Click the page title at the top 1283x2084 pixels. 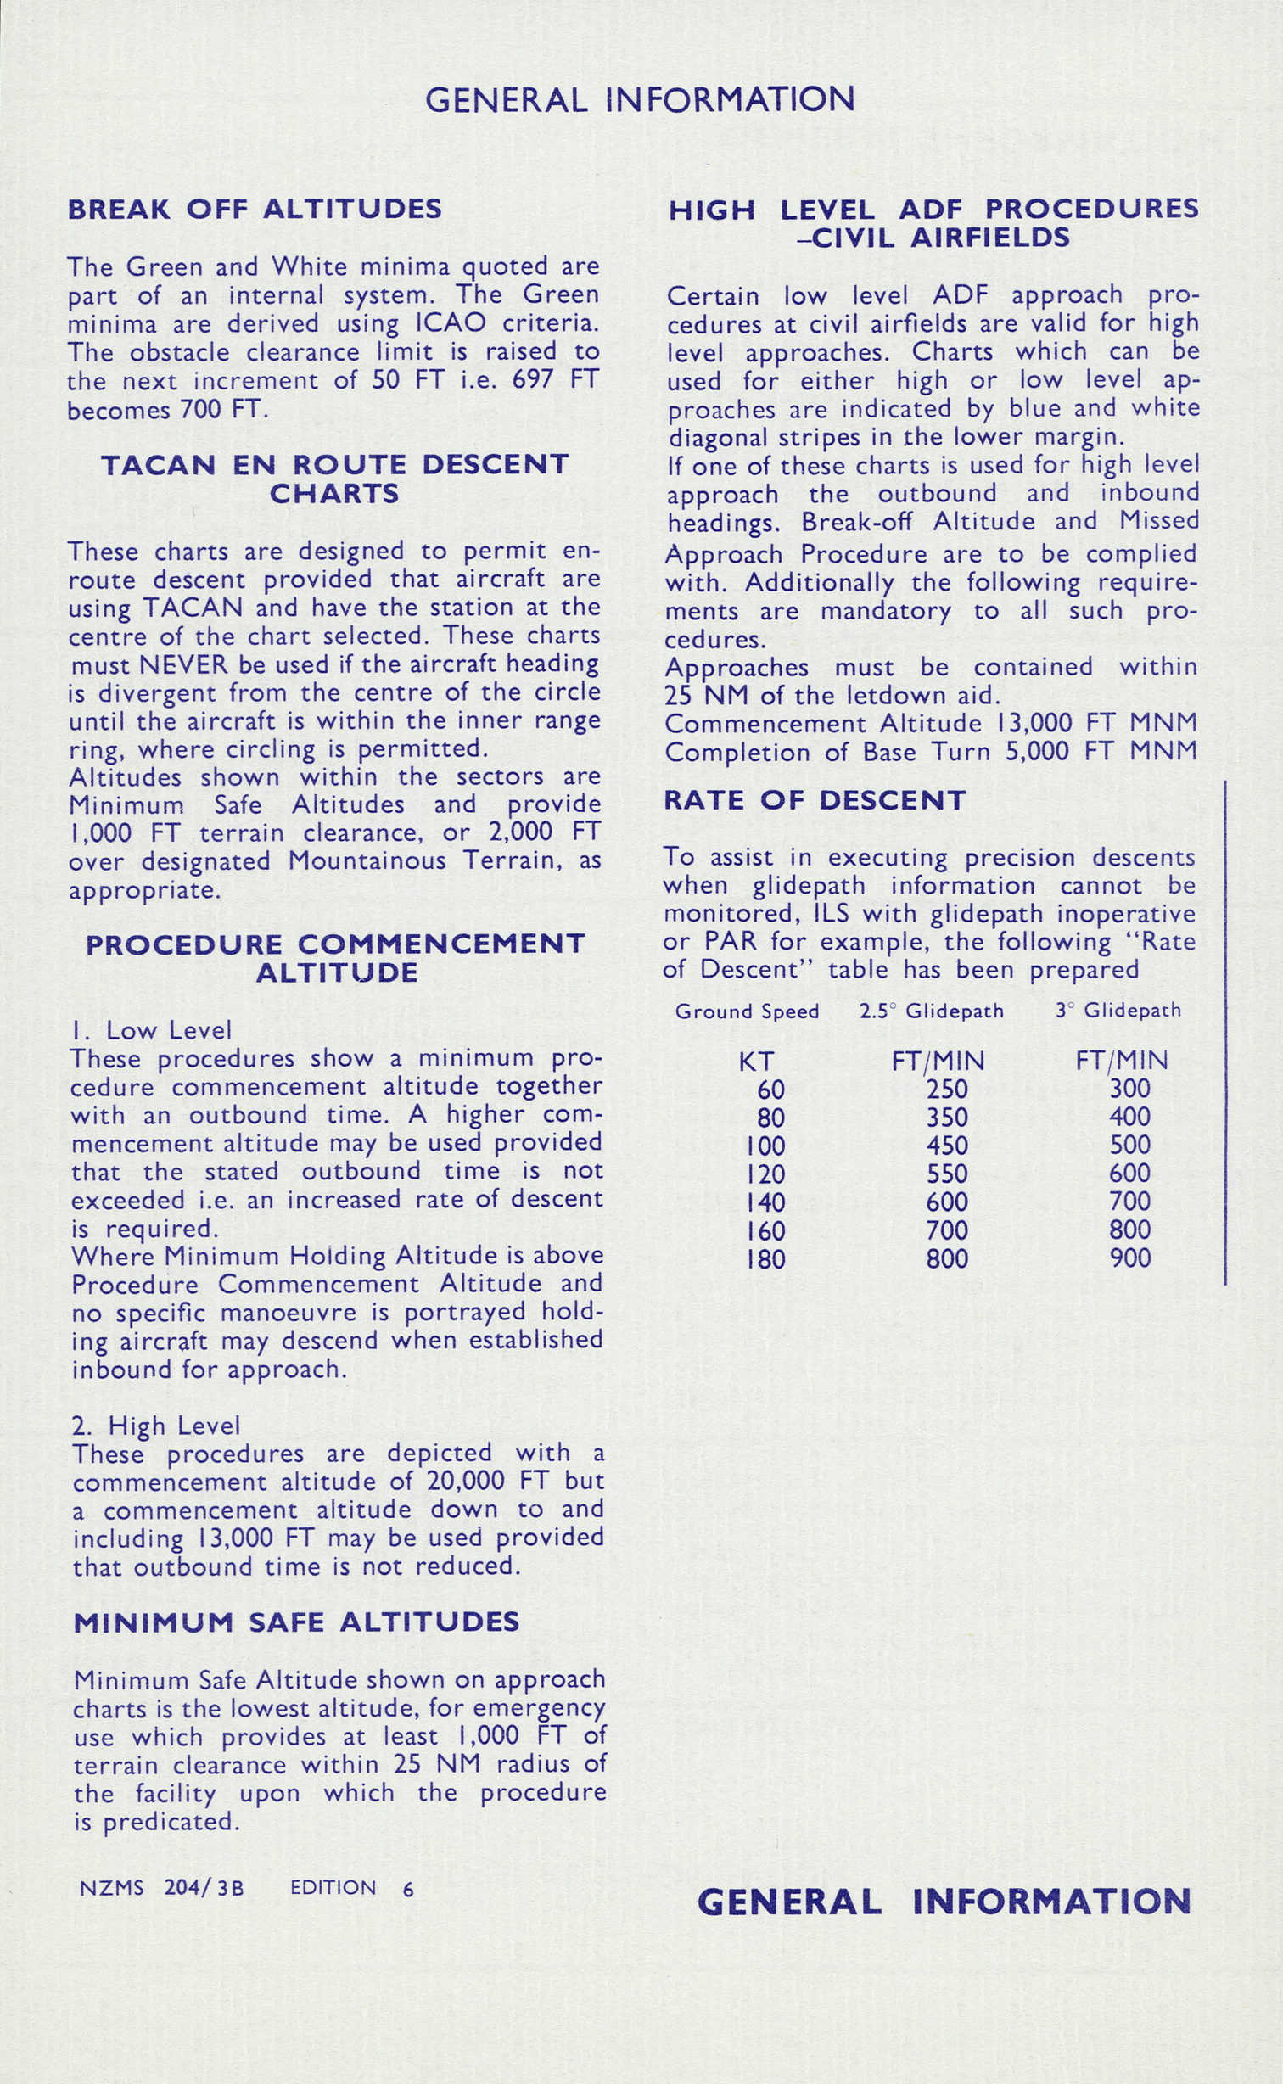(640, 100)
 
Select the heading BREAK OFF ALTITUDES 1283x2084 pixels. (255, 209)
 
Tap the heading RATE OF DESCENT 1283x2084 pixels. (815, 800)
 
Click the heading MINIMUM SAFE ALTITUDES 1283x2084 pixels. (296, 1622)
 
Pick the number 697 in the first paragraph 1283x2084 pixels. (533, 379)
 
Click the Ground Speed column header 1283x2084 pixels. (747, 1011)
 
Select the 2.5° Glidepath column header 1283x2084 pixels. (931, 1011)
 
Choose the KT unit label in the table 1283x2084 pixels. (755, 1061)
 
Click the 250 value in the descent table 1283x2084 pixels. (947, 1089)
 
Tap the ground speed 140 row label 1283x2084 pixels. (766, 1202)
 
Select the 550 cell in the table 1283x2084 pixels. (947, 1174)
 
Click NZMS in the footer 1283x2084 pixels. (111, 1888)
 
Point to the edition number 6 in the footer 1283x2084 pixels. (408, 1889)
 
